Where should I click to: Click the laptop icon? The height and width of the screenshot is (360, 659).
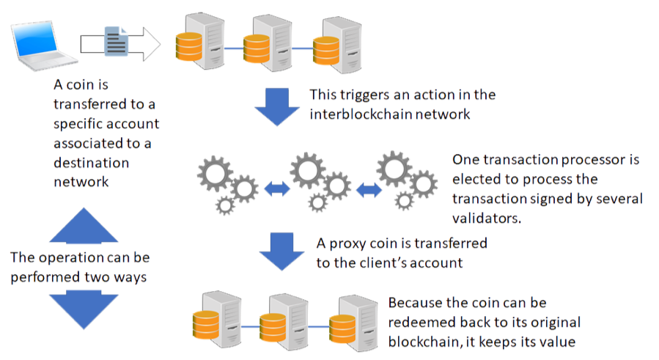pos(40,45)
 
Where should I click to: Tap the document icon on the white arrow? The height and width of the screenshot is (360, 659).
pos(117,43)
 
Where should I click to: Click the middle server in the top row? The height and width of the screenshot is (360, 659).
pos(267,40)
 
